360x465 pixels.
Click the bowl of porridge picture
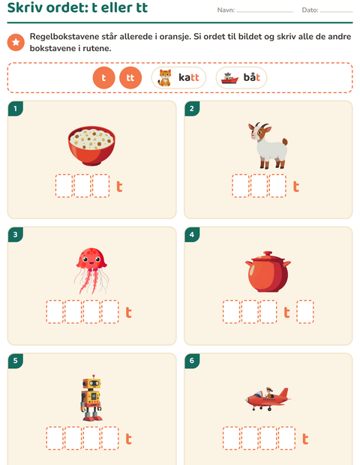91,145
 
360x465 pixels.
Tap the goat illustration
268,145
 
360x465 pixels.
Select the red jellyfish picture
91,271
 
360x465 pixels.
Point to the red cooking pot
268,271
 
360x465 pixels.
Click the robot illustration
91,397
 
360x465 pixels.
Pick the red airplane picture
268,399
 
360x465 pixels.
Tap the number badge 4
192,235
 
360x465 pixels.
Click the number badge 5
16,361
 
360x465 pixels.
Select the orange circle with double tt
130,78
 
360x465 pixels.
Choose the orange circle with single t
103,78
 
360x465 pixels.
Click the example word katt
188,77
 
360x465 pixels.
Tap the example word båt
252,77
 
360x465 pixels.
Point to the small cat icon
165,78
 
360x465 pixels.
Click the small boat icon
229,78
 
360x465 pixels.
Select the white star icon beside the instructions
16,43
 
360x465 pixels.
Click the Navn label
226,10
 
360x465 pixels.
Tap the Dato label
310,10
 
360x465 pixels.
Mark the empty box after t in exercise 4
305,312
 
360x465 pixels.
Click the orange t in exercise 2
296,186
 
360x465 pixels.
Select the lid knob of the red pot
268,253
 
